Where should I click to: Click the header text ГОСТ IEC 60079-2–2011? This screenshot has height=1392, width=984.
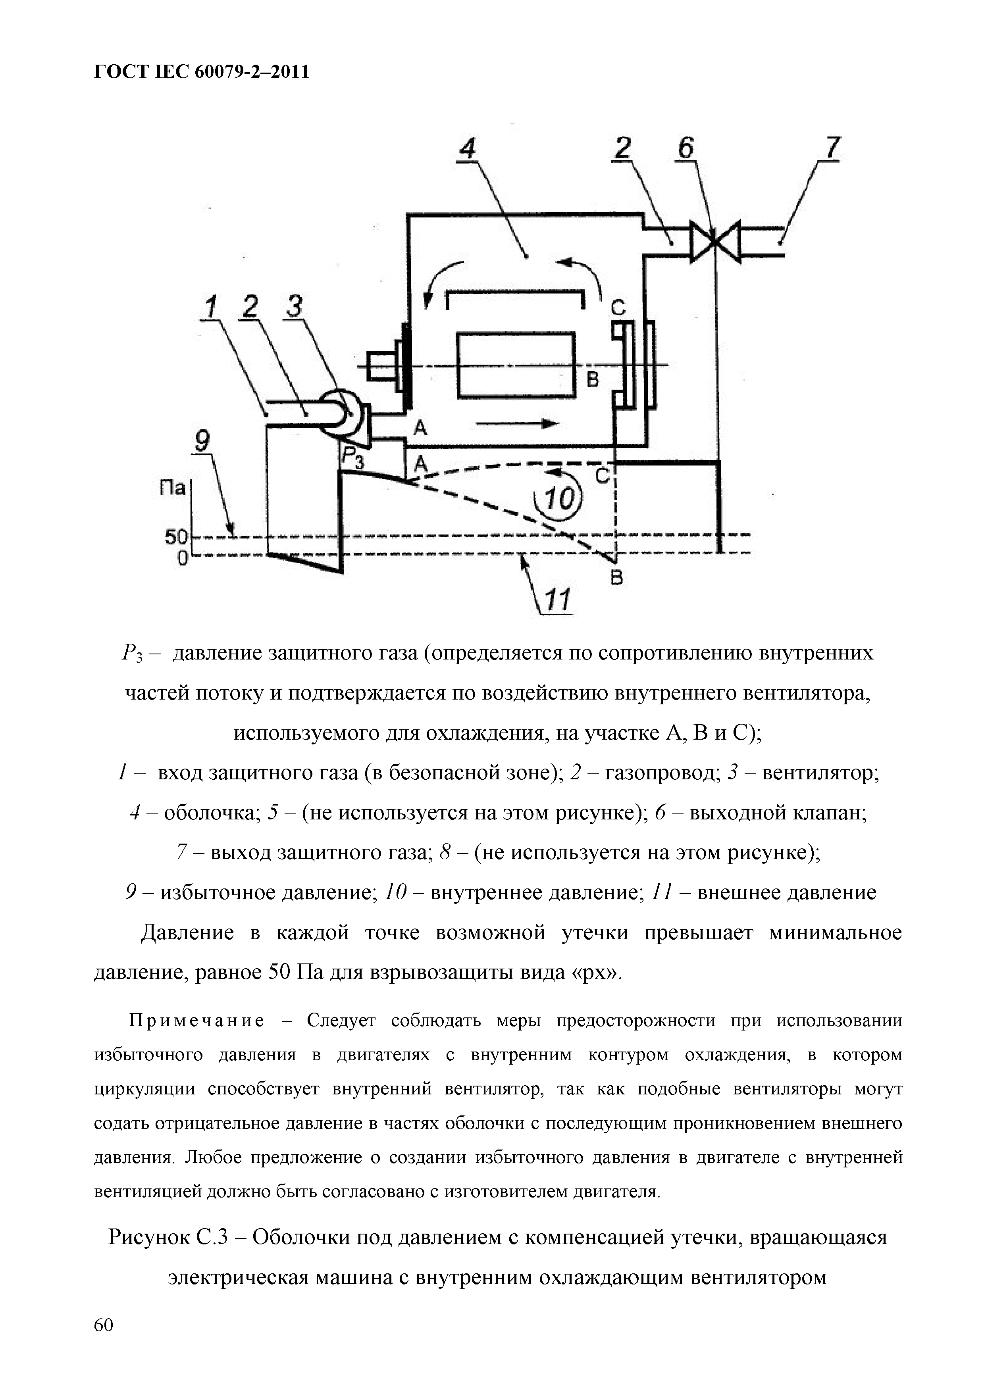pos(202,72)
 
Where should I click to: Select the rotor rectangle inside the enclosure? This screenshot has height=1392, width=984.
pos(515,365)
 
